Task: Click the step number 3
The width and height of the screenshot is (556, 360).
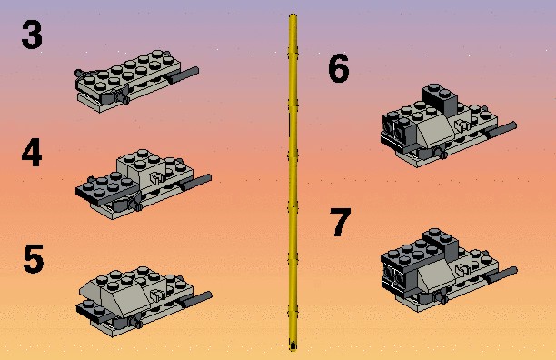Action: pyautogui.click(x=32, y=35)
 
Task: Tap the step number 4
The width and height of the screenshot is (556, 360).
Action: pyautogui.click(x=32, y=153)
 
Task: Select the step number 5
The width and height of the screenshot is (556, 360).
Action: pyautogui.click(x=34, y=259)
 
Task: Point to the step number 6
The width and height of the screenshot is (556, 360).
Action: pyautogui.click(x=339, y=68)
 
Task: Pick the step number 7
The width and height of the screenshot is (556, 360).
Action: pyautogui.click(x=341, y=222)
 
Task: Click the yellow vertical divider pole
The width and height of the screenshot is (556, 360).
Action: pyautogui.click(x=293, y=183)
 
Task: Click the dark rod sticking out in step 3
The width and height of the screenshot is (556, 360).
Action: pyautogui.click(x=183, y=75)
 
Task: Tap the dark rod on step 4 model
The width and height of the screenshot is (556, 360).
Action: pyautogui.click(x=195, y=183)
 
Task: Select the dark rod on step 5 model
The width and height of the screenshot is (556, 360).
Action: pyautogui.click(x=195, y=300)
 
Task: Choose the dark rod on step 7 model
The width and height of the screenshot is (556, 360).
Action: pyautogui.click(x=501, y=275)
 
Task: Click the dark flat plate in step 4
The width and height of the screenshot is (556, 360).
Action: pyautogui.click(x=106, y=188)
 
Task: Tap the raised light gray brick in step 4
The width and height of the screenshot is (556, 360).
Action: pyautogui.click(x=141, y=166)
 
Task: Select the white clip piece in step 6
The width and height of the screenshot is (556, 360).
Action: pyautogui.click(x=461, y=125)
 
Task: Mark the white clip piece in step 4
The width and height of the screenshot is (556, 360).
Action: pyautogui.click(x=157, y=177)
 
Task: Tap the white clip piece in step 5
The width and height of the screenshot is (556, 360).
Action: pyautogui.click(x=157, y=295)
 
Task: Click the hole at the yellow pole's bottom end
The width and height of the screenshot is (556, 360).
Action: pyautogui.click(x=293, y=345)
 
